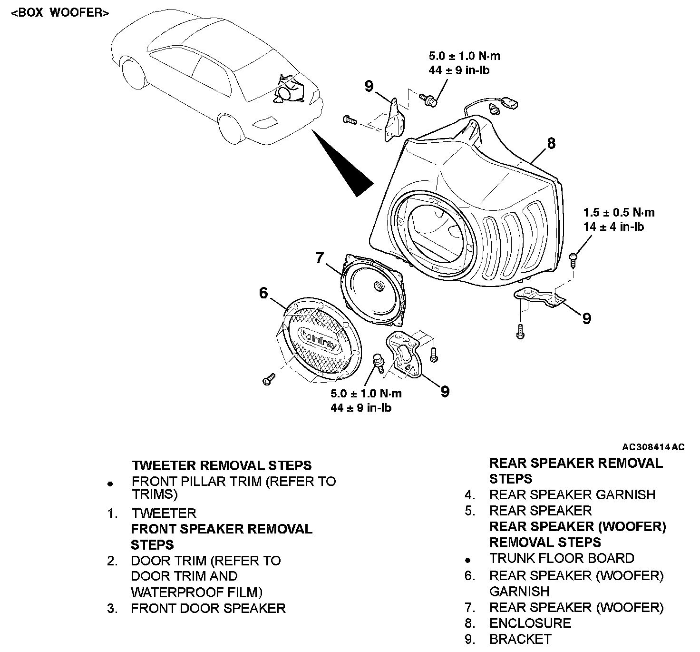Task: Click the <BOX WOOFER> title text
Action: [60, 13]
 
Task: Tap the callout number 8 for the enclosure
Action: [551, 143]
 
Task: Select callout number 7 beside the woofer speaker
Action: [320, 258]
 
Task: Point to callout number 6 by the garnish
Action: [264, 293]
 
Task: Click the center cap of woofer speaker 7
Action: [379, 286]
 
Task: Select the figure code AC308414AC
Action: [653, 447]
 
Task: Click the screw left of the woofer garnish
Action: [268, 379]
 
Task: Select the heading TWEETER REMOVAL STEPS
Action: [222, 465]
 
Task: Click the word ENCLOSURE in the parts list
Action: [530, 623]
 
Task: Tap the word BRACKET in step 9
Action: [520, 639]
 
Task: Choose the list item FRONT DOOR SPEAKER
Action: [208, 608]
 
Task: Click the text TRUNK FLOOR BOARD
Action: [562, 558]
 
